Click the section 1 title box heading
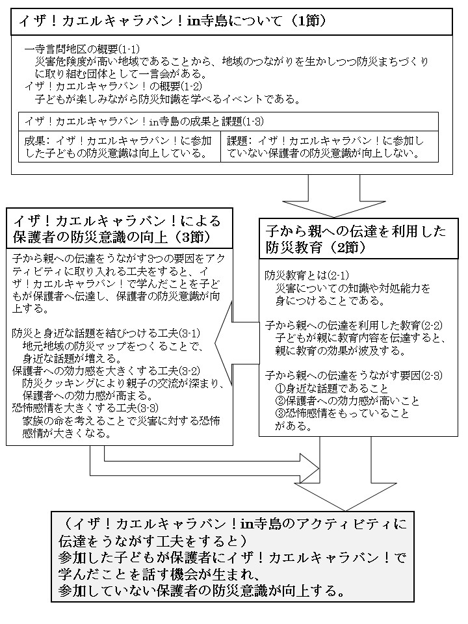pyautogui.click(x=231, y=21)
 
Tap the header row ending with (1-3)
pyautogui.click(x=143, y=122)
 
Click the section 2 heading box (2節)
pyautogui.click(x=358, y=238)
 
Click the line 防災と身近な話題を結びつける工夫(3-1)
pyautogui.click(x=107, y=333)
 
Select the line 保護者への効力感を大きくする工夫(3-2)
pyautogui.click(x=107, y=370)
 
